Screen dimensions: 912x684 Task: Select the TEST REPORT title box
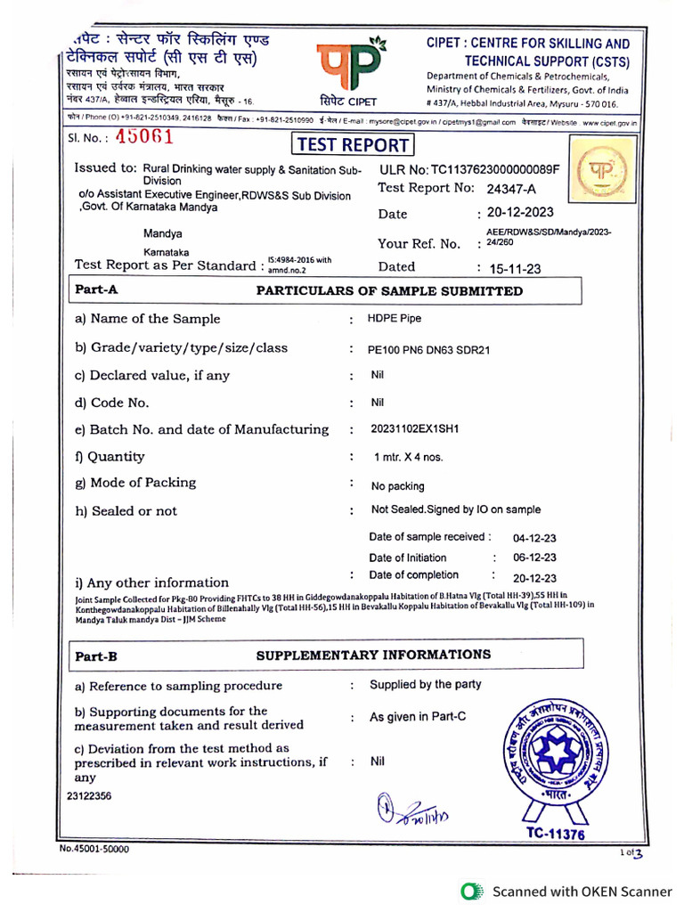[352, 145]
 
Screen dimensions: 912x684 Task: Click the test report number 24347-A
[512, 188]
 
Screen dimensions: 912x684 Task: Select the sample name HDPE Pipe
[395, 319]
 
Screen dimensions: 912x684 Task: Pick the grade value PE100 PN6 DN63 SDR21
[428, 350]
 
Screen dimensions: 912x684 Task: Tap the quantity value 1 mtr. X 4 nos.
[409, 457]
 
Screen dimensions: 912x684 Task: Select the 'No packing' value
[397, 486]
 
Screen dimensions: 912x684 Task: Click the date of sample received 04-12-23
[535, 539]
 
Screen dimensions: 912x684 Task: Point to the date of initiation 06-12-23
[535, 558]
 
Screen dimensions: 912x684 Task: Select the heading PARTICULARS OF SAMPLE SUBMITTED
[389, 291]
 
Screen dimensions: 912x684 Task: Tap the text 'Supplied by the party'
[426, 685]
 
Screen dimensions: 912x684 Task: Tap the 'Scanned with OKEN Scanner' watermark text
[582, 891]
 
